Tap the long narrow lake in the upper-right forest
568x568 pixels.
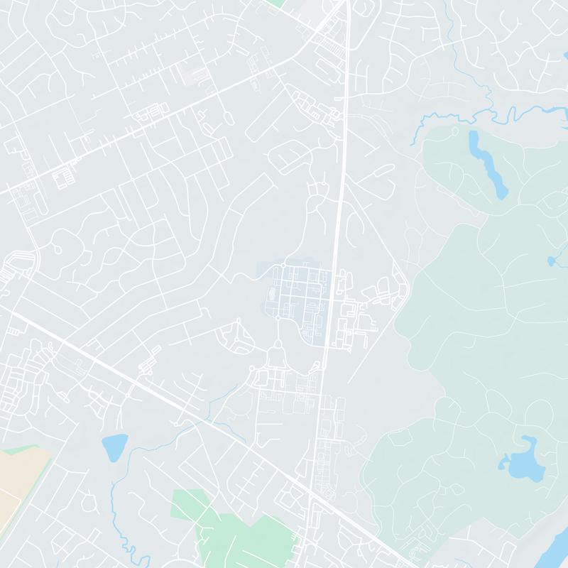click(486, 160)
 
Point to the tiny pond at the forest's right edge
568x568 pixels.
click(551, 261)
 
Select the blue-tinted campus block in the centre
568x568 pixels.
click(298, 298)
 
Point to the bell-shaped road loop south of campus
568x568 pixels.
click(278, 353)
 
